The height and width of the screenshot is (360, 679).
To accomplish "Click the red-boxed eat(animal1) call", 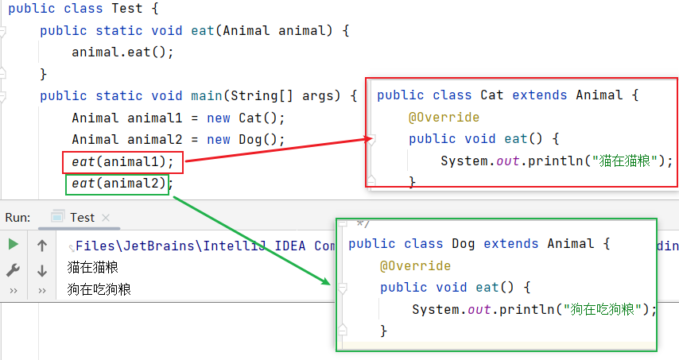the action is coord(122,162).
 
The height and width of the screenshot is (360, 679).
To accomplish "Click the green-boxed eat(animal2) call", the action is coord(118,184).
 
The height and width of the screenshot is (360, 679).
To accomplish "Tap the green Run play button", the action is coord(13,245).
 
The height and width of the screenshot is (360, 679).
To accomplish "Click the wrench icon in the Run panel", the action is coord(13,270).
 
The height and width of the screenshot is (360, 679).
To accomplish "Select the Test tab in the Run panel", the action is coord(81,217).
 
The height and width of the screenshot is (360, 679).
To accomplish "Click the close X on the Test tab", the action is coord(106,218).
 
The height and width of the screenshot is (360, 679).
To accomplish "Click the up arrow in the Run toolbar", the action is coord(42,246).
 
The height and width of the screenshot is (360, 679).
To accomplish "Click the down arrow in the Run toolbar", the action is coord(42,270).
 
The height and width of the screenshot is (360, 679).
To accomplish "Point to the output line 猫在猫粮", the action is coord(92,267).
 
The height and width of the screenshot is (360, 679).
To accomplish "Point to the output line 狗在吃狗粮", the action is coord(99,288).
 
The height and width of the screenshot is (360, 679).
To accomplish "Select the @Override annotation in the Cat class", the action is coord(444,118).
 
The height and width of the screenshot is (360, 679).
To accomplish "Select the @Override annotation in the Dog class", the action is coord(415,265).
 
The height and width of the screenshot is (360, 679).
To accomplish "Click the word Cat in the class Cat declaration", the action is coord(492,95).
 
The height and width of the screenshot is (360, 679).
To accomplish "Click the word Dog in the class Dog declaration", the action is coord(464,244).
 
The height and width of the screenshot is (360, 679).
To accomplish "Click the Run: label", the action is coord(17,217).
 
